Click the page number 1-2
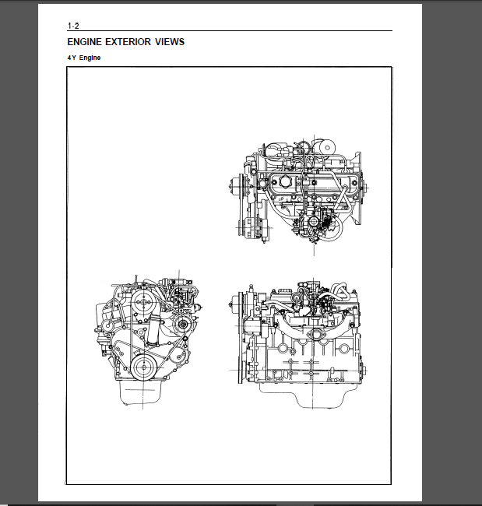tap(73, 26)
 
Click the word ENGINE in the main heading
tap(85, 42)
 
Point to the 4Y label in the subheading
tap(72, 58)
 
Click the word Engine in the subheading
tap(90, 58)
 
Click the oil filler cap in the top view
tap(286, 182)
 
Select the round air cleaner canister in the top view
tap(327, 148)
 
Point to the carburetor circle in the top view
tap(314, 221)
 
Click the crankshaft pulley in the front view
tap(143, 367)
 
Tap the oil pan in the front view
tap(140, 393)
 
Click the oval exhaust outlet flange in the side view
tap(315, 335)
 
